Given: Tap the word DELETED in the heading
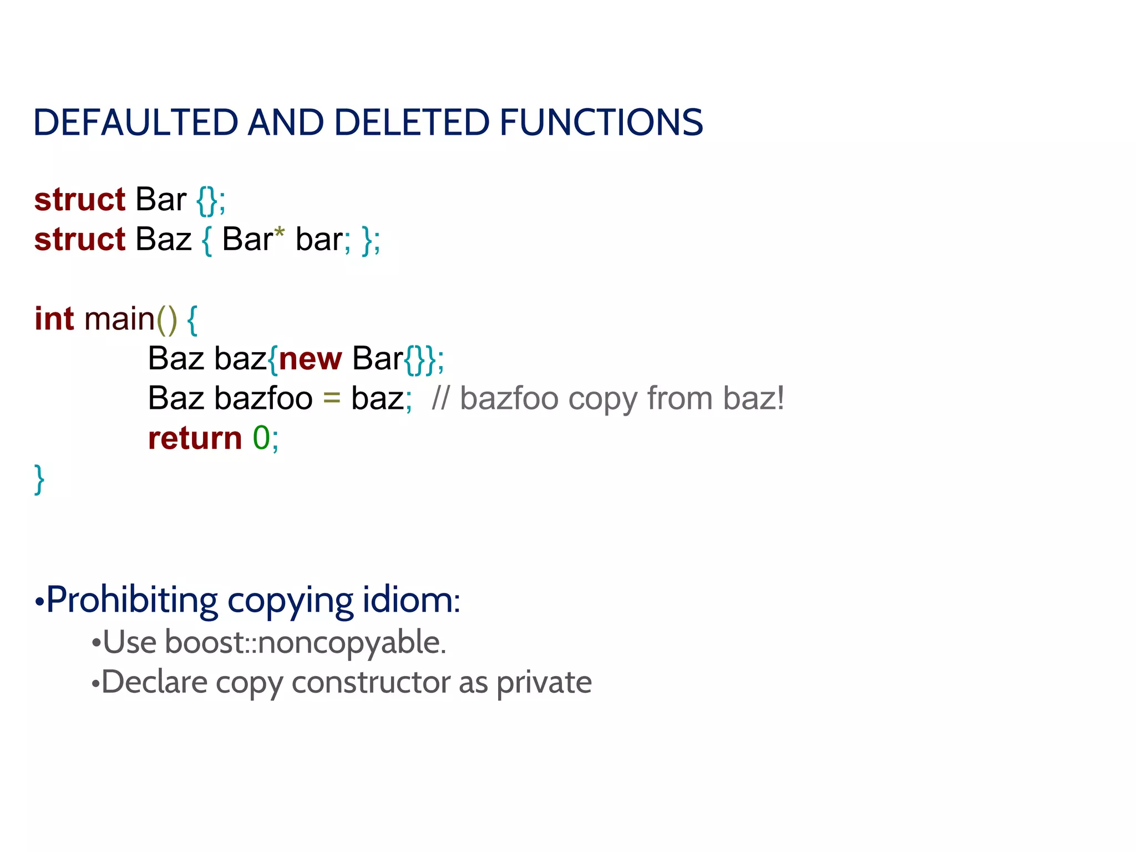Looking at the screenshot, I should tap(412, 123).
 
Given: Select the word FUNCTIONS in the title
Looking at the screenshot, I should tap(601, 123).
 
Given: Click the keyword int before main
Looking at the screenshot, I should tap(54, 319).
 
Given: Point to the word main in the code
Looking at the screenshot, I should tap(119, 319).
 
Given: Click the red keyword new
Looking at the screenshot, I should tap(310, 359).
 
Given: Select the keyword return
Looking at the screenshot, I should tap(195, 438).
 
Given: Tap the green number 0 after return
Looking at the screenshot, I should tap(261, 438).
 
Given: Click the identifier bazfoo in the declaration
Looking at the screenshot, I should tap(263, 399).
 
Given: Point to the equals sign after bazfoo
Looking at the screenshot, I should tap(332, 399).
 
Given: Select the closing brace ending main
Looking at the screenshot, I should tap(39, 479).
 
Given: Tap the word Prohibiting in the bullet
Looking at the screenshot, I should tap(132, 600).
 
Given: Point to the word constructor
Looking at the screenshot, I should tap(371, 683).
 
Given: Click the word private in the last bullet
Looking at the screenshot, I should tap(544, 683).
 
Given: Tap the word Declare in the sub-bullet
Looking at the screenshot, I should tap(154, 683).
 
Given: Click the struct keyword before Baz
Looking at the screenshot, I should tap(80, 240).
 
